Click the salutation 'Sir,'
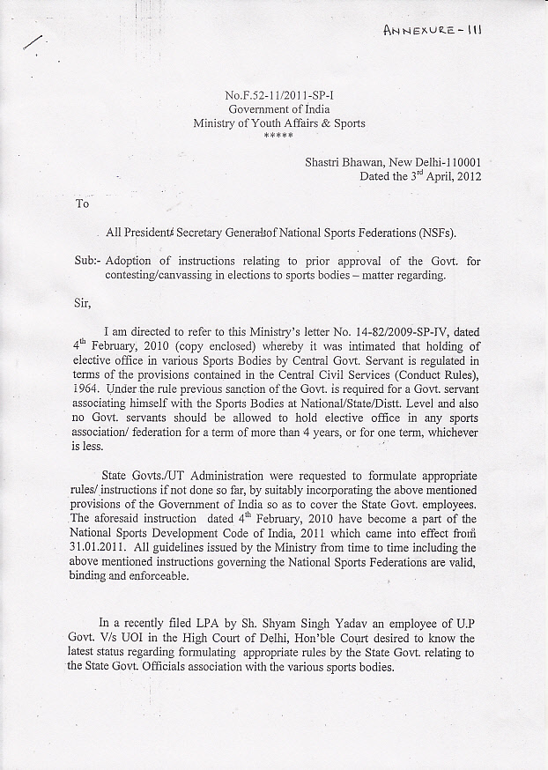(84, 305)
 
